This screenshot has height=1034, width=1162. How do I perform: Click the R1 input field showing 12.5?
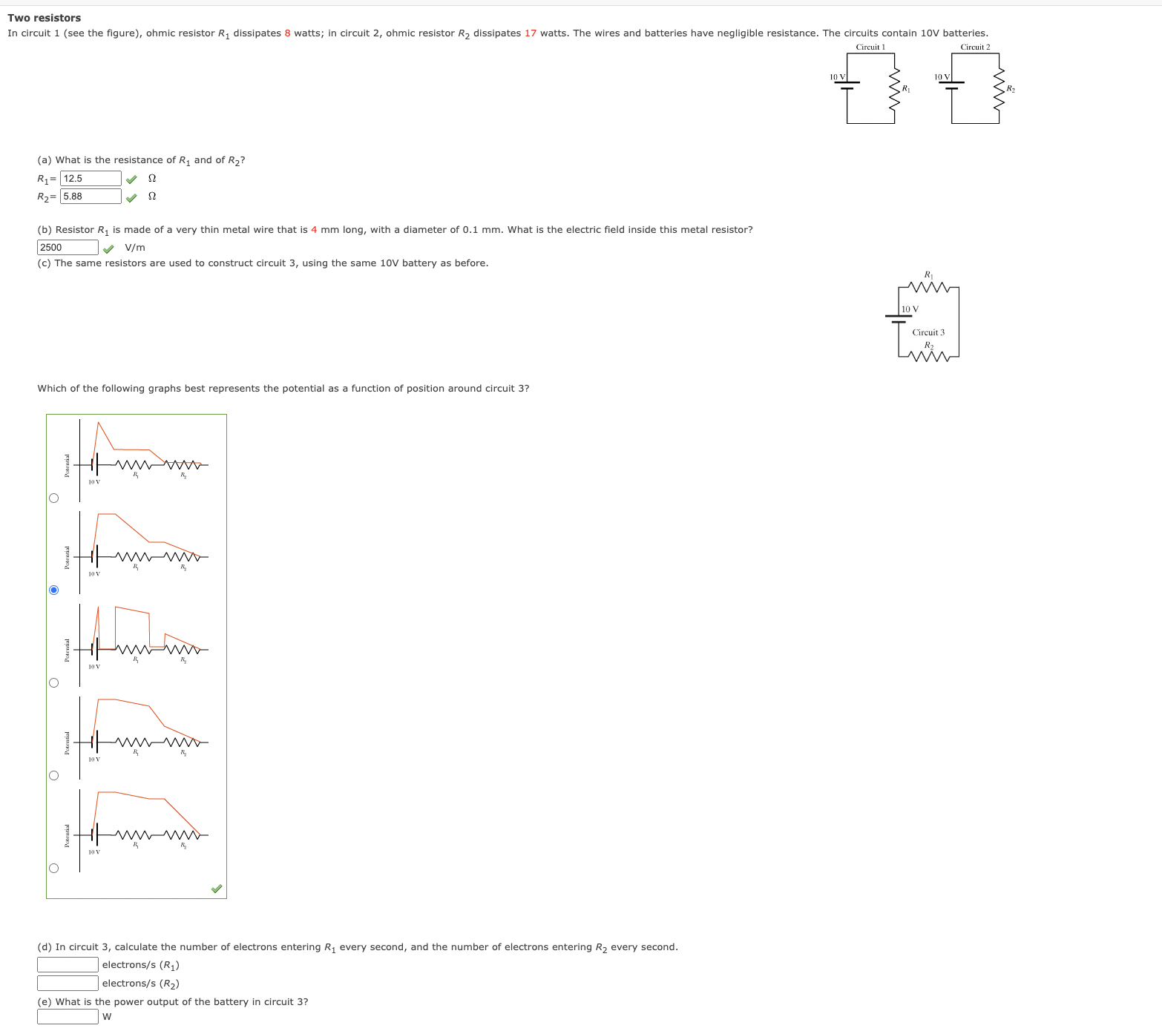point(91,179)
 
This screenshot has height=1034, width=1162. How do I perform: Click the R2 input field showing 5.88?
point(91,197)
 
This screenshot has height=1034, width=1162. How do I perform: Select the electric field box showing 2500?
point(68,248)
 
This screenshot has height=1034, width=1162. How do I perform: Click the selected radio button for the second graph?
point(53,590)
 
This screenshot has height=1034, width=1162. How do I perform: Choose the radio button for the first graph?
point(53,498)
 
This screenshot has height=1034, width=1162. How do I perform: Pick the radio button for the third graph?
point(53,682)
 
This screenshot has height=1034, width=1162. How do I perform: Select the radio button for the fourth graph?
point(53,775)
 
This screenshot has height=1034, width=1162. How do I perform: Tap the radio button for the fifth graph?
point(53,868)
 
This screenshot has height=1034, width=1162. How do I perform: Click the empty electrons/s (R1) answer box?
point(68,965)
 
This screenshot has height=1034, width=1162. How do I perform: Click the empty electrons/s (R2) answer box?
point(68,984)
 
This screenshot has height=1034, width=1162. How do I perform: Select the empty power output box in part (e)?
point(68,1017)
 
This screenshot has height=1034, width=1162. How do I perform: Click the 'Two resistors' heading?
point(45,18)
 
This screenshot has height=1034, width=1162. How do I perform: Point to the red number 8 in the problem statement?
point(287,33)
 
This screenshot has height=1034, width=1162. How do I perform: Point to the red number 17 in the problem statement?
point(530,33)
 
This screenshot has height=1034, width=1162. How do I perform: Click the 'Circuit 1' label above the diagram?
point(870,47)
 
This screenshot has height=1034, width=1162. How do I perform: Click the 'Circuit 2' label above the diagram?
point(975,47)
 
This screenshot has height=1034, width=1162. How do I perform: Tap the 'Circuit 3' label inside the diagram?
point(928,332)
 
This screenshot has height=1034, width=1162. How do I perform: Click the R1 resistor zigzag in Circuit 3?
point(928,288)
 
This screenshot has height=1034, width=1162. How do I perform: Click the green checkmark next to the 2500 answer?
point(108,248)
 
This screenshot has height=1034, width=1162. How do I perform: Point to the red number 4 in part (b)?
point(314,230)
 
